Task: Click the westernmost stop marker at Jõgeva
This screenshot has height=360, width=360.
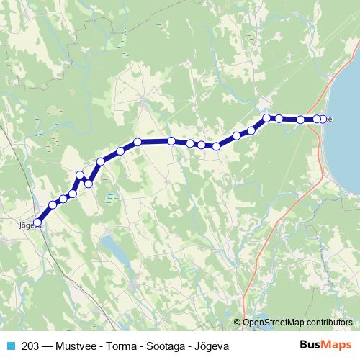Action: tap(37, 223)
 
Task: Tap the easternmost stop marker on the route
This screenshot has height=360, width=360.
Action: tap(323, 119)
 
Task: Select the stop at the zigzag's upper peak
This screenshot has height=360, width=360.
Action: tap(80, 175)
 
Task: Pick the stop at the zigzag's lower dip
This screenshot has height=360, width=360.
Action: tap(89, 184)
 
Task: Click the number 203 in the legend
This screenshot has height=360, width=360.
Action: tap(30, 346)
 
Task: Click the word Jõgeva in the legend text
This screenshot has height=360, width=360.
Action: tap(210, 346)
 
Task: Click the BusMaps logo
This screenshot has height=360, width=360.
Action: tap(325, 346)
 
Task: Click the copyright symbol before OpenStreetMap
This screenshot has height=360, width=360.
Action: tap(238, 323)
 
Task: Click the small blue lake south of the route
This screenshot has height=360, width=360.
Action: tap(114, 248)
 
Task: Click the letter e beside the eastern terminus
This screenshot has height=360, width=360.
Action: tap(330, 120)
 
